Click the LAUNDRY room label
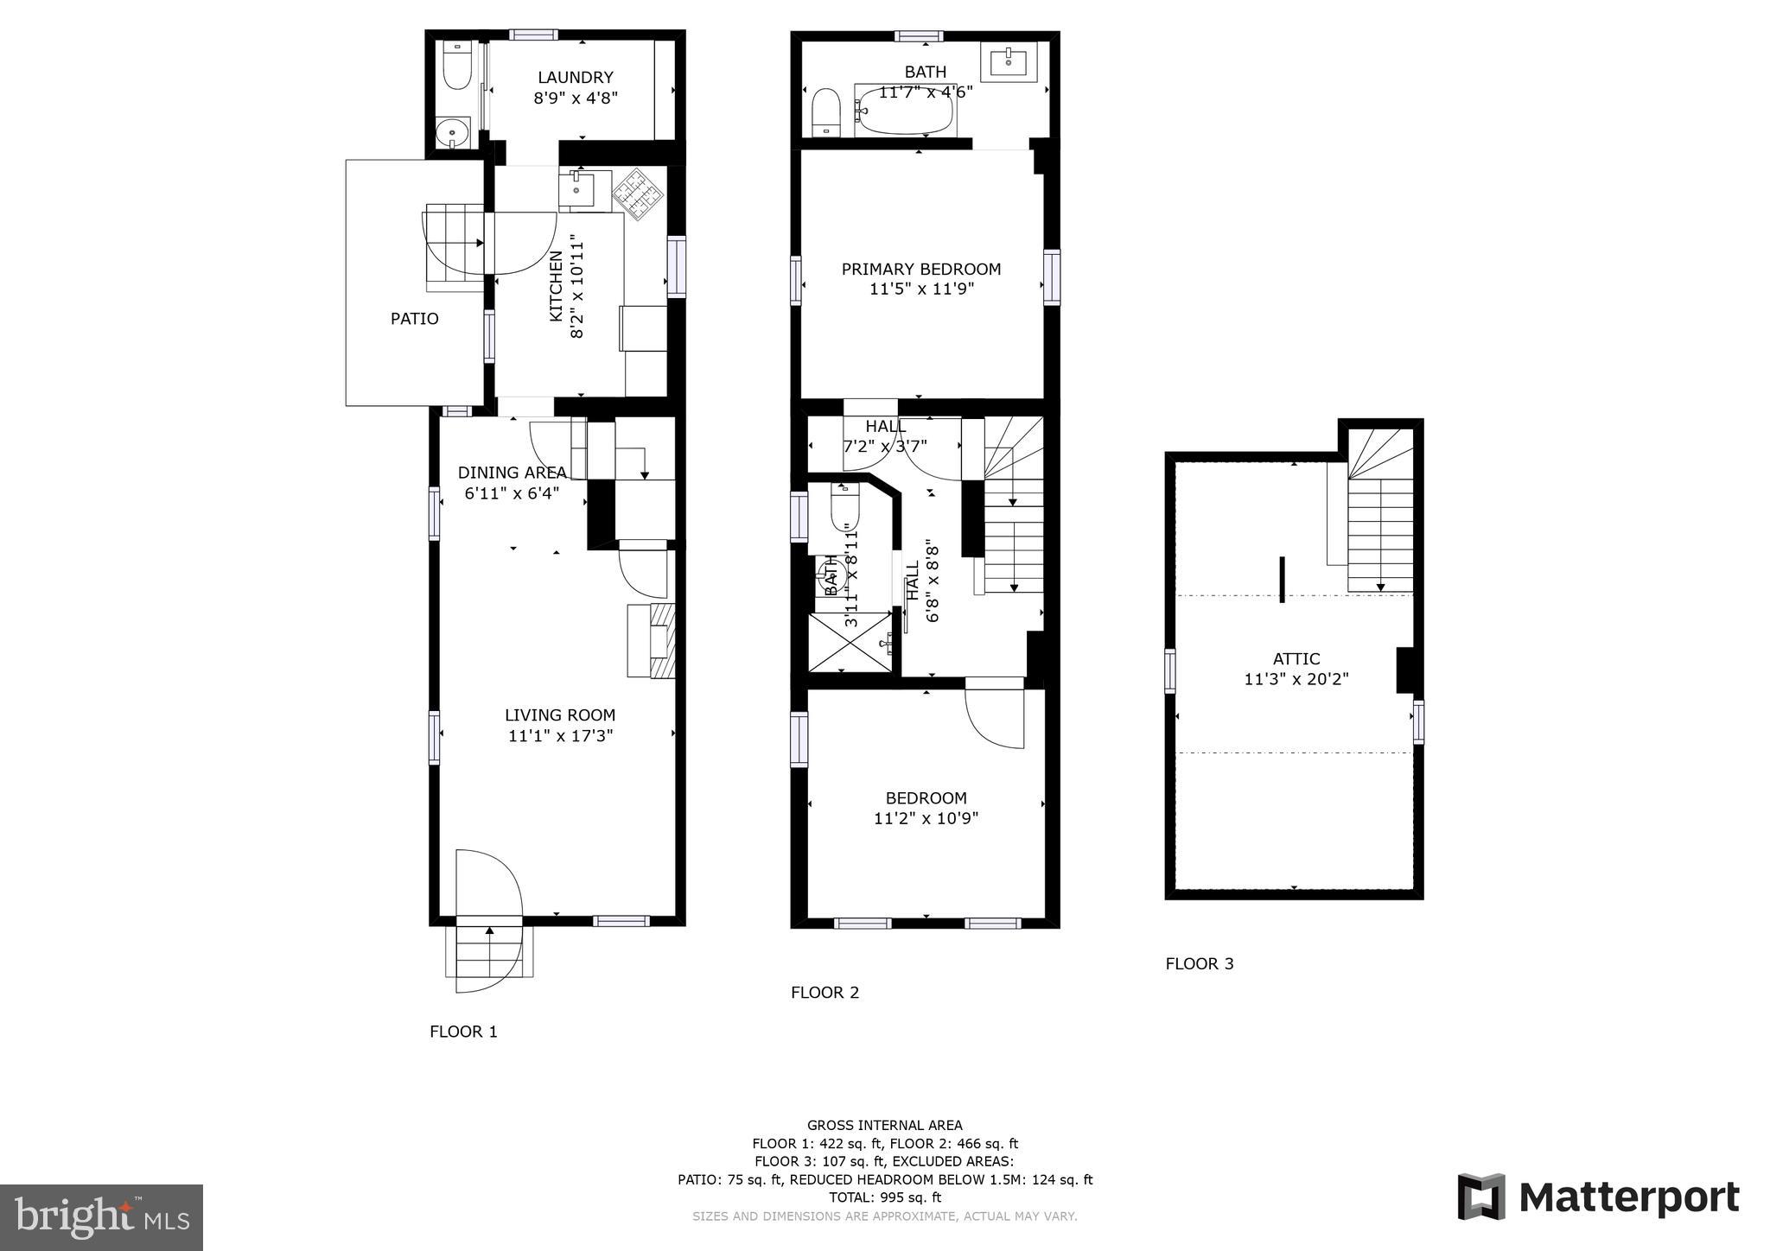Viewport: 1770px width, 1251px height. click(575, 77)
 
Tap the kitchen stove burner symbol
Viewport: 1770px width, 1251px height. click(639, 194)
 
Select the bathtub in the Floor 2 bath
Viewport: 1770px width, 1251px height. click(904, 110)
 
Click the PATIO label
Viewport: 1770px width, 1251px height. click(415, 319)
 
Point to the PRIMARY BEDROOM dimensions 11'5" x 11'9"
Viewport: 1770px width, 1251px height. click(921, 289)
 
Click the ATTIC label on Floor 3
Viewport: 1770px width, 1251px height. click(1296, 659)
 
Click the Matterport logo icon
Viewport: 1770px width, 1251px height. click(1481, 1197)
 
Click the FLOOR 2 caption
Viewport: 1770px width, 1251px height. click(825, 993)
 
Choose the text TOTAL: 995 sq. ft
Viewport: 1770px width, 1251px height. click(884, 1197)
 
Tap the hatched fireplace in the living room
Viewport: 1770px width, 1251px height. click(662, 640)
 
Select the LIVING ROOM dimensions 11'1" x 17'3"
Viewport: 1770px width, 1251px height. click(560, 736)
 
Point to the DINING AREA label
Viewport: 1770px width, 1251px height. click(512, 473)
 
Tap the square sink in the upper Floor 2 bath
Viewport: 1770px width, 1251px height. click(1009, 61)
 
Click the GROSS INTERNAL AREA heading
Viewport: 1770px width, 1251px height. click(884, 1125)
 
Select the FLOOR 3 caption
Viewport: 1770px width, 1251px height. click(1199, 963)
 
